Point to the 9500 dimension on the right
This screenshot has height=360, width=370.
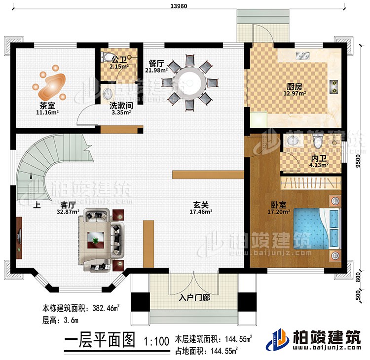pos(362,160)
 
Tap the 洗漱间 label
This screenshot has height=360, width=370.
pos(120,106)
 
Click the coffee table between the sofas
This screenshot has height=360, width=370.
pos(96,240)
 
